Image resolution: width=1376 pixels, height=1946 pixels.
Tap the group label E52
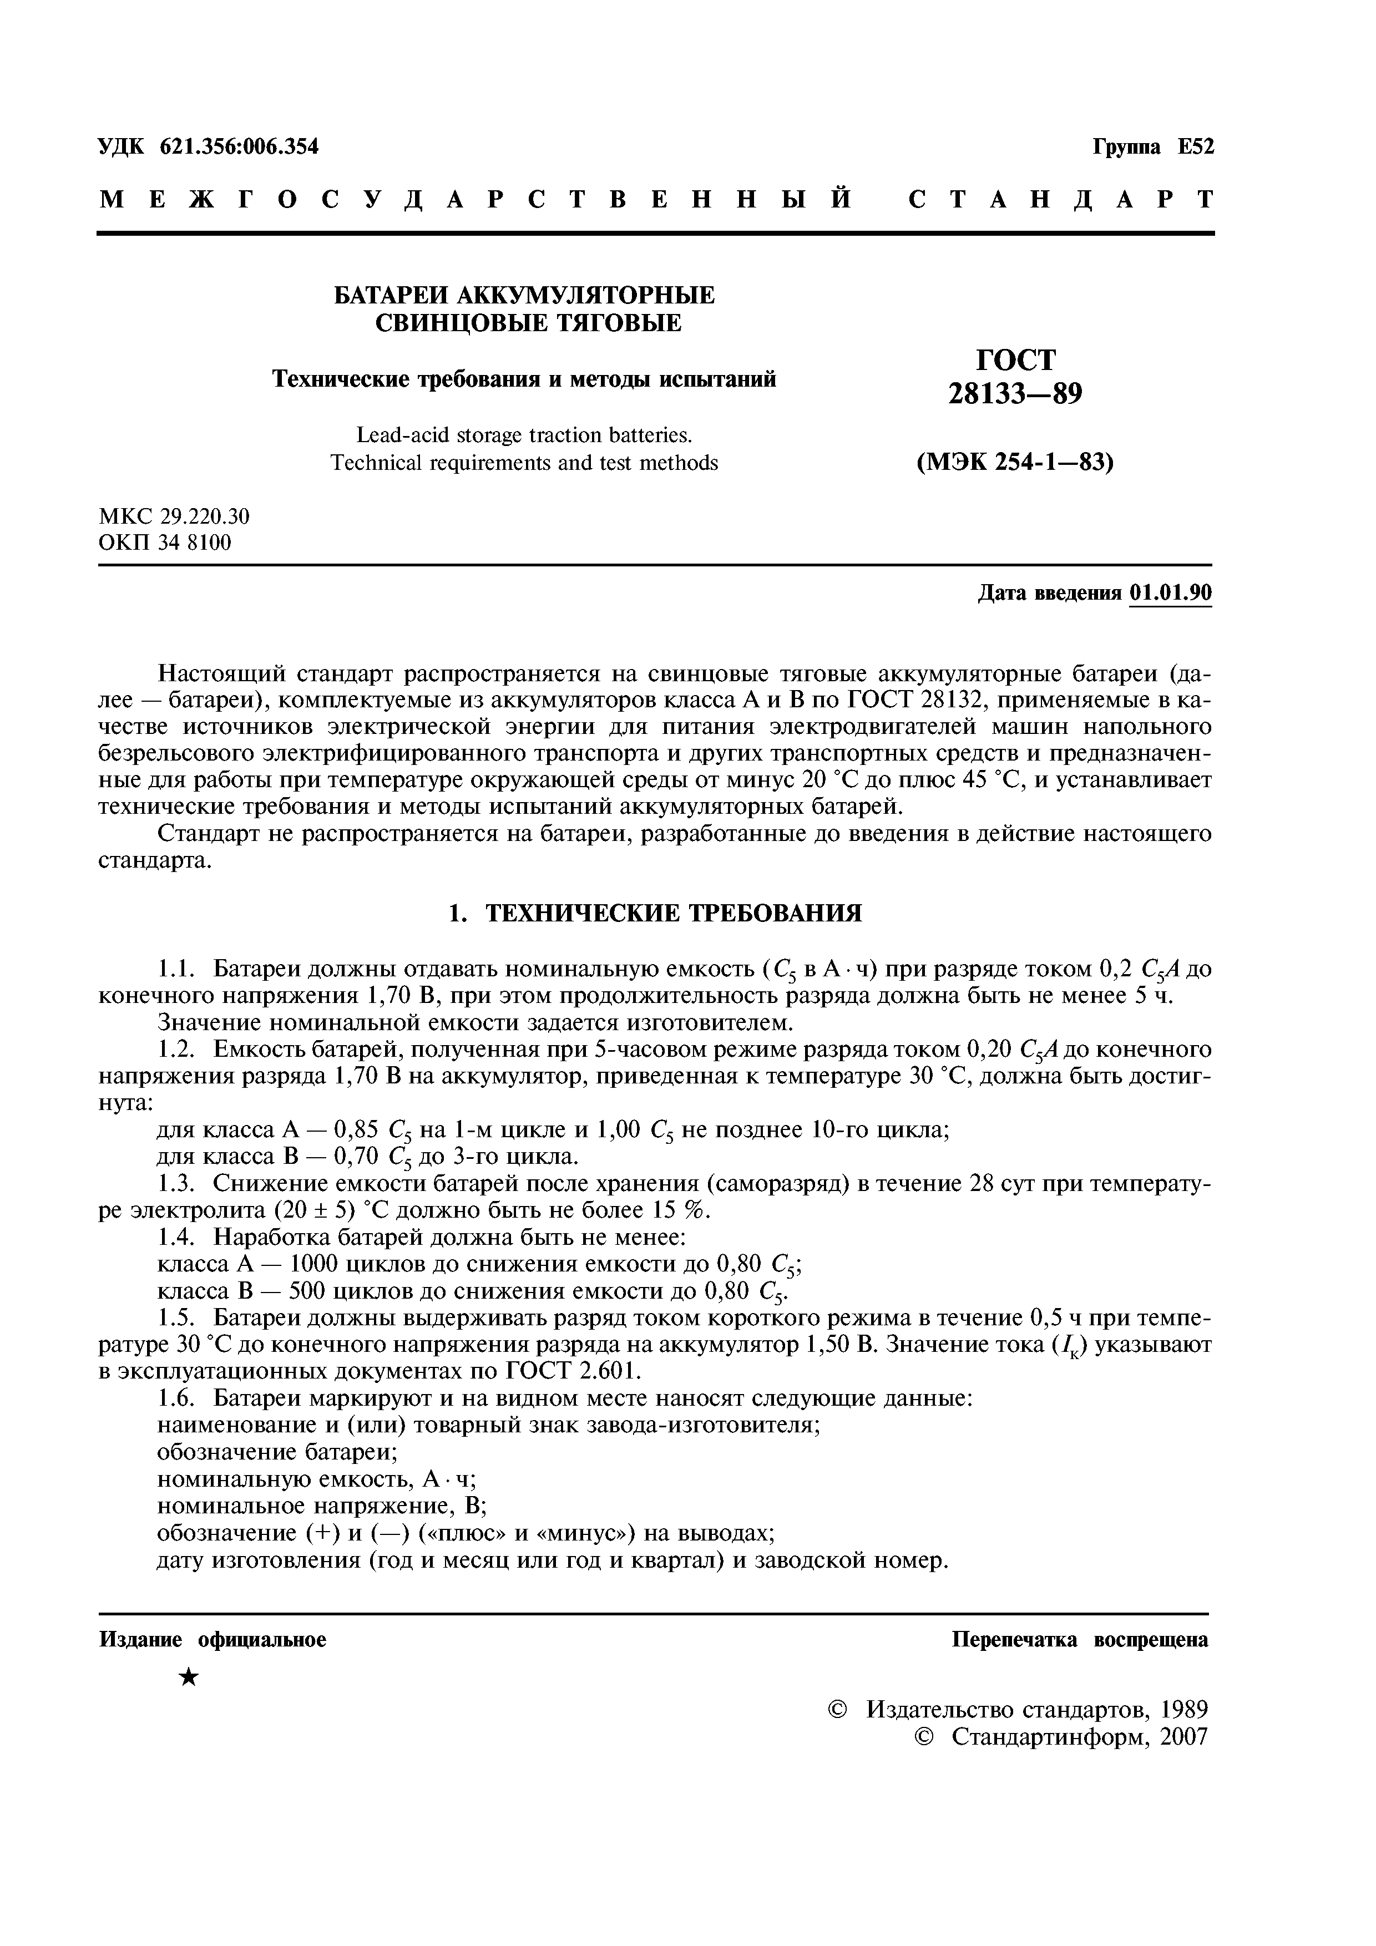pyautogui.click(x=1196, y=146)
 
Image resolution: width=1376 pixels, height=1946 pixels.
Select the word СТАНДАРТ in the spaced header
pyautogui.click(x=1061, y=200)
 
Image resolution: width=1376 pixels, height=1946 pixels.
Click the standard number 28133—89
pyautogui.click(x=1015, y=394)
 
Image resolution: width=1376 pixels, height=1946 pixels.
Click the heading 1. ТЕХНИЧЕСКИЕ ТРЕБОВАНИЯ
pyautogui.click(x=655, y=913)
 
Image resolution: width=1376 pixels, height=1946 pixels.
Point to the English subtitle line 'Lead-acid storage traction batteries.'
pyautogui.click(x=524, y=435)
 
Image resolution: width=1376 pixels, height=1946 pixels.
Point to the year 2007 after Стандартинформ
pyautogui.click(x=1183, y=1737)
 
